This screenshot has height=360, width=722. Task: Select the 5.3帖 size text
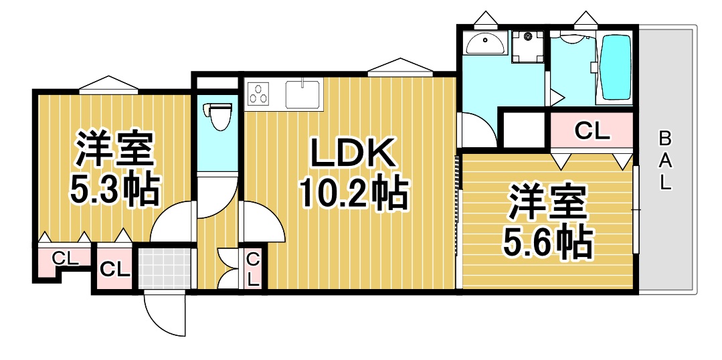115,190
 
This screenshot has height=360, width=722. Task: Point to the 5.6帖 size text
549,242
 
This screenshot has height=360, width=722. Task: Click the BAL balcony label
664,161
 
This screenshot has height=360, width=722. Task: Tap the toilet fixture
218,115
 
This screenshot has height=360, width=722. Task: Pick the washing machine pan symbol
529,46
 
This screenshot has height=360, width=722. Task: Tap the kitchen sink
304,93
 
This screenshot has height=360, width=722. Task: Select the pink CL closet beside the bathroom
592,131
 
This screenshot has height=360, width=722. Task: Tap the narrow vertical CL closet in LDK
253,268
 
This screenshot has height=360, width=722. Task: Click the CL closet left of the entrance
114,269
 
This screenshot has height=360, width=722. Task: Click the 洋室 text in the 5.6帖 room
549,202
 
